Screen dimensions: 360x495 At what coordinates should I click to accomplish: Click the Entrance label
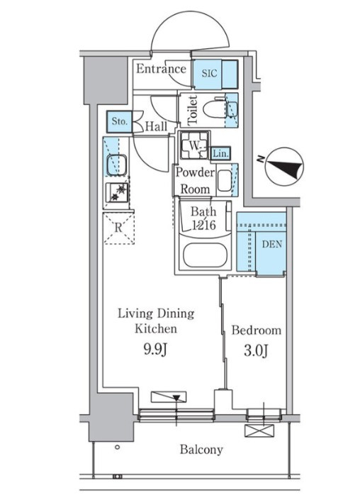click(x=161, y=69)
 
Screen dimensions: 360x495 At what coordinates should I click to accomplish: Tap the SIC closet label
click(x=210, y=73)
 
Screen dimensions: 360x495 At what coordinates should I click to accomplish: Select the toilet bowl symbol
click(x=215, y=109)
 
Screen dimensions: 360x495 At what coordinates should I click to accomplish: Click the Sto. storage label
click(x=120, y=121)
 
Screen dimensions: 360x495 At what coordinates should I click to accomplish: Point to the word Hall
click(x=156, y=127)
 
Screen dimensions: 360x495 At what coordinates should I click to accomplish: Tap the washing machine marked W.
click(x=194, y=145)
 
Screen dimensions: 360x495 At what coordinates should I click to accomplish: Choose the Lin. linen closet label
click(x=220, y=154)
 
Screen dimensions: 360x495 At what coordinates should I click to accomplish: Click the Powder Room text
click(x=195, y=181)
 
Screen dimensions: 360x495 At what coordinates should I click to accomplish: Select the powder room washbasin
click(x=225, y=181)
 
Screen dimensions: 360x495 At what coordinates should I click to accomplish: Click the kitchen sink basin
click(x=117, y=165)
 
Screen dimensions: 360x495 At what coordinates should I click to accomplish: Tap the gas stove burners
click(x=118, y=193)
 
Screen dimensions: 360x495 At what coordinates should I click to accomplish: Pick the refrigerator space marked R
click(x=119, y=228)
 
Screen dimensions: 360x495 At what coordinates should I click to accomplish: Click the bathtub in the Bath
click(x=205, y=255)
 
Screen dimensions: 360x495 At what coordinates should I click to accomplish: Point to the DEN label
click(x=272, y=244)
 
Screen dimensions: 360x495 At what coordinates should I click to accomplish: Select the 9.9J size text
click(x=155, y=350)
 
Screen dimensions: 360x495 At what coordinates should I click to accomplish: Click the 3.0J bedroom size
click(x=256, y=351)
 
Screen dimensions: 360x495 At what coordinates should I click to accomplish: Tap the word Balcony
click(x=201, y=450)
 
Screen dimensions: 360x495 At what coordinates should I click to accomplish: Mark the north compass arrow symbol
click(x=284, y=167)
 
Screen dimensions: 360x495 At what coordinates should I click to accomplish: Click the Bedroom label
click(x=257, y=330)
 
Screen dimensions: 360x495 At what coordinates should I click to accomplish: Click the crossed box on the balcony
click(x=259, y=431)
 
